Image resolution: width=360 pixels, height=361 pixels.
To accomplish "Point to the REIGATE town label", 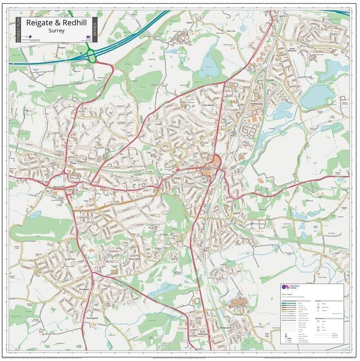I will coord(58,186).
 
